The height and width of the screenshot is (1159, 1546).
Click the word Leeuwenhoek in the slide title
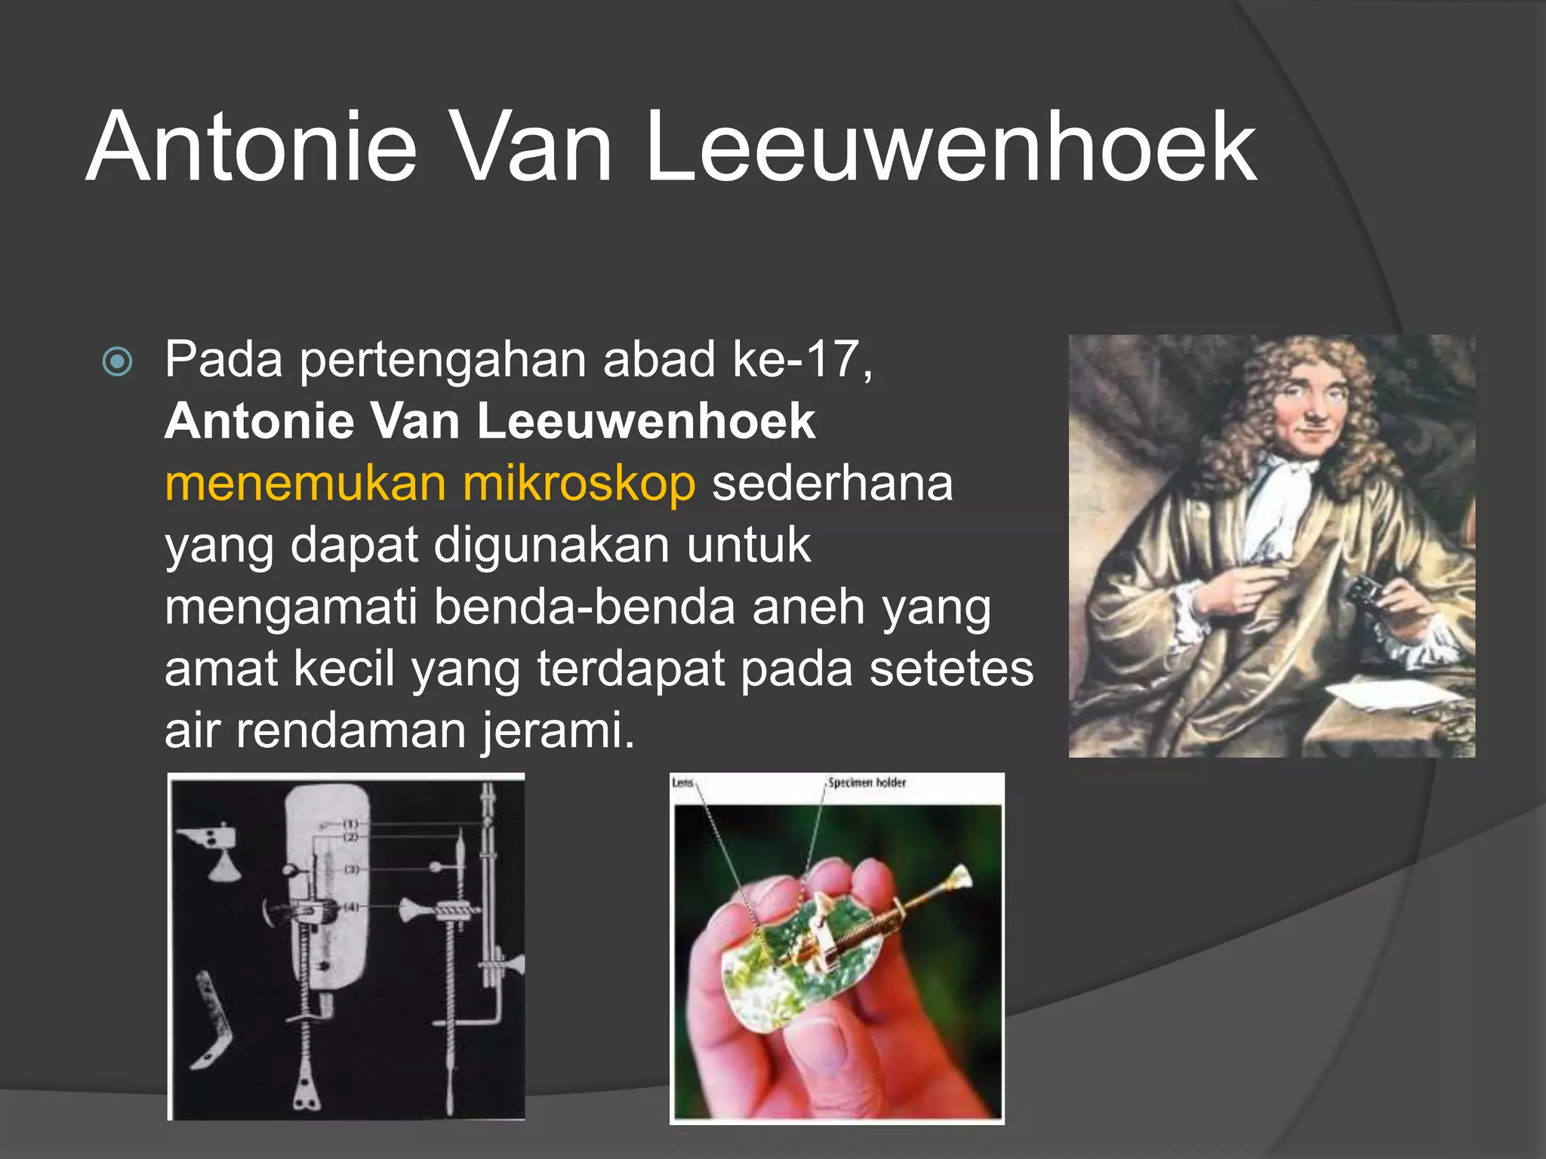[951, 147]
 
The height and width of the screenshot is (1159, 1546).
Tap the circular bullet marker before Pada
[117, 361]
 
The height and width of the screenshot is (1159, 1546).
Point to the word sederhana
[833, 484]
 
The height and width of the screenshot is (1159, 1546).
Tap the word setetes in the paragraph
[951, 669]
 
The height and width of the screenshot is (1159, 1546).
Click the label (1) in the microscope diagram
[351, 822]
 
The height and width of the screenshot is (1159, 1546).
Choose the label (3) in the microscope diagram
[352, 870]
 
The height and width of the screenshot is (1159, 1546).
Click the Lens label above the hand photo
[682, 783]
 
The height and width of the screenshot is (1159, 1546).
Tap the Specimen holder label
[867, 783]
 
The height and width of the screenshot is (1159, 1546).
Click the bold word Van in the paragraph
[416, 422]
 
